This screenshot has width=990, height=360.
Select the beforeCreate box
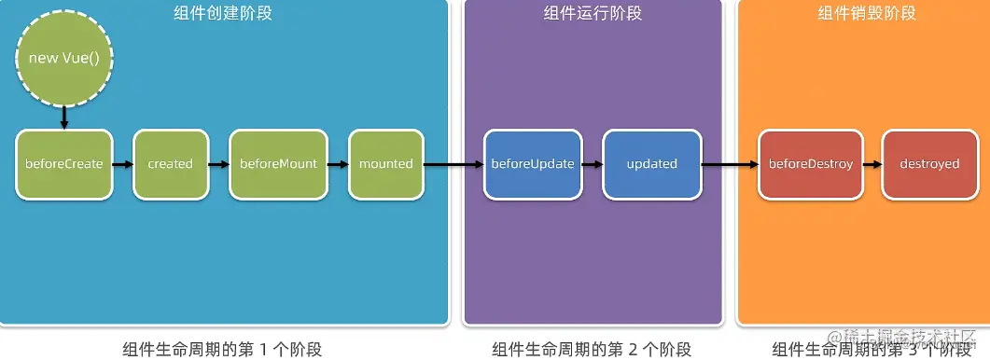tap(63, 164)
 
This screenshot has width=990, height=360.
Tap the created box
tap(170, 164)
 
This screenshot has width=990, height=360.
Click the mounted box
tap(385, 164)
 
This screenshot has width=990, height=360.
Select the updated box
tap(651, 164)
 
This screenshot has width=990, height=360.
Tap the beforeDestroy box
tap(810, 164)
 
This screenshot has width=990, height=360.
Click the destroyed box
tap(929, 164)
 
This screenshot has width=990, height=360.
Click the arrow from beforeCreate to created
tap(122, 164)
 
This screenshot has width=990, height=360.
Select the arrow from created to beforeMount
tap(218, 164)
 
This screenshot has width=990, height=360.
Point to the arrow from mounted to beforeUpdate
tap(453, 164)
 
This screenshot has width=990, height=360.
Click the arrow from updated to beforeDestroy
tap(729, 164)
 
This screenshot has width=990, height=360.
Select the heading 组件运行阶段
tap(593, 13)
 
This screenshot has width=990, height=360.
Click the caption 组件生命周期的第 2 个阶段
tap(593, 350)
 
